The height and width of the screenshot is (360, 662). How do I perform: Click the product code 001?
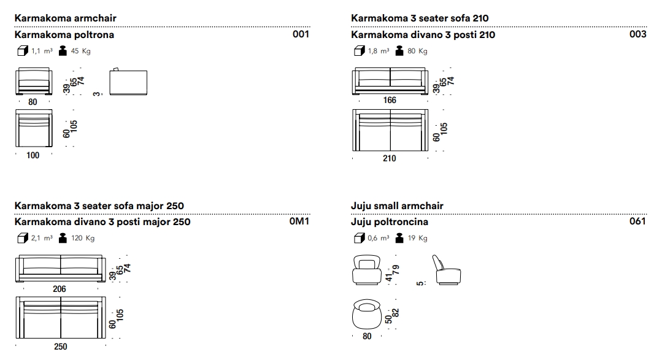click(301, 34)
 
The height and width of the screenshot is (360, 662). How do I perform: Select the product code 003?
click(637, 34)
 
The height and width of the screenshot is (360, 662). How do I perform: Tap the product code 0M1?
click(299, 221)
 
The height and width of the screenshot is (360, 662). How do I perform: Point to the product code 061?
click(637, 221)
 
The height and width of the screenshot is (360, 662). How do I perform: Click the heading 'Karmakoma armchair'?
click(65, 18)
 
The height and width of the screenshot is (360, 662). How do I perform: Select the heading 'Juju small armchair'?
click(397, 205)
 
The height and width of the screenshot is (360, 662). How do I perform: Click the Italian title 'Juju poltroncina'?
click(390, 221)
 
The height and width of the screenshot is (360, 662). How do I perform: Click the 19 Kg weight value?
click(418, 238)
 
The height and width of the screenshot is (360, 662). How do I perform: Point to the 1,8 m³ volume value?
click(378, 51)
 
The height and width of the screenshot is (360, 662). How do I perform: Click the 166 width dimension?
click(389, 100)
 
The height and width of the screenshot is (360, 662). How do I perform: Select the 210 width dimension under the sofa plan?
click(389, 158)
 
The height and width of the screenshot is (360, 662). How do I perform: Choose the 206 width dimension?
click(60, 289)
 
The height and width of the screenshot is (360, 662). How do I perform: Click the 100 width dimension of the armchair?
click(33, 155)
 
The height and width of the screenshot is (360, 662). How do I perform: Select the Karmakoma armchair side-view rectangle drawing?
click(128, 83)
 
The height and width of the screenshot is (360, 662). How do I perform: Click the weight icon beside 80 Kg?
click(400, 51)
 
